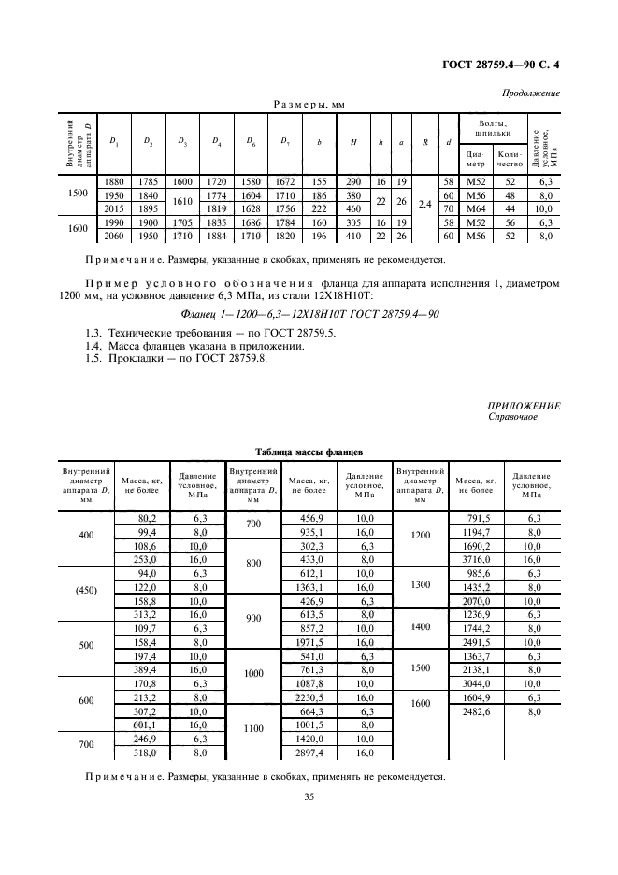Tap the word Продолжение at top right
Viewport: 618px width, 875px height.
[531, 93]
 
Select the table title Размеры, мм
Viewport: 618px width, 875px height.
[309, 106]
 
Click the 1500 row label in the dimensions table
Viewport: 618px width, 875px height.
[79, 194]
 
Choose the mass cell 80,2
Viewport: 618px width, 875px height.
[147, 517]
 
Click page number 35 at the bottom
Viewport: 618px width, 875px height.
[309, 796]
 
